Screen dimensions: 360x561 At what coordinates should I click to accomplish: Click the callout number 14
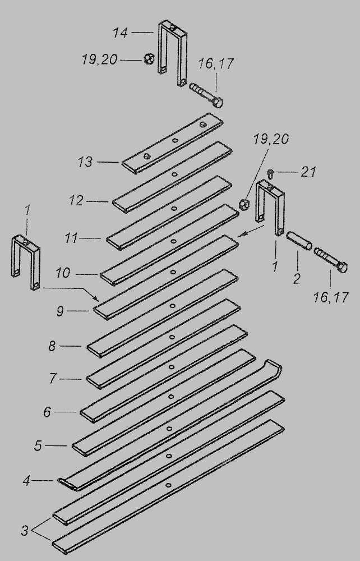120,33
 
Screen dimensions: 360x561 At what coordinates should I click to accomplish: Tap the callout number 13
85,162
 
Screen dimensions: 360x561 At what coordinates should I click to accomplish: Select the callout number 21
308,172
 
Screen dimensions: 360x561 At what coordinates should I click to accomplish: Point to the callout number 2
297,279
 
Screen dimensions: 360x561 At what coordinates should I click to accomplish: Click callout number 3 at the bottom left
24,530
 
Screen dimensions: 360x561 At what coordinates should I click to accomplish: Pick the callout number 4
26,481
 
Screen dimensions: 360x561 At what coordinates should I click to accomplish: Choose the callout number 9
60,311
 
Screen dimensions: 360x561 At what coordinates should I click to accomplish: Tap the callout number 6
47,412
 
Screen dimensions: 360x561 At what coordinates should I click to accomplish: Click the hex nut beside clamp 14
149,59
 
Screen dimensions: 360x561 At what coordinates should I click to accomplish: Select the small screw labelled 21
270,174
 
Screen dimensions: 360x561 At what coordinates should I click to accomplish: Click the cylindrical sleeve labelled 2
299,241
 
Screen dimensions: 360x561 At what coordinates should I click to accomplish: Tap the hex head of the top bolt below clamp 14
218,103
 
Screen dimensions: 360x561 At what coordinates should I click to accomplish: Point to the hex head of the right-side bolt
342,267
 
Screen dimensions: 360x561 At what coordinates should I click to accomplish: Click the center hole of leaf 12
174,175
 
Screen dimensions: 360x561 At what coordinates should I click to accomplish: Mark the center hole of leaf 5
169,429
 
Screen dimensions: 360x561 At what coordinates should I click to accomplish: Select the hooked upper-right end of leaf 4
275,368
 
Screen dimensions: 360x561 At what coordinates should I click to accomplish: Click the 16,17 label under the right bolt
331,297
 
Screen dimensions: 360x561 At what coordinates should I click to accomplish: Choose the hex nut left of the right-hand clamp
244,205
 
